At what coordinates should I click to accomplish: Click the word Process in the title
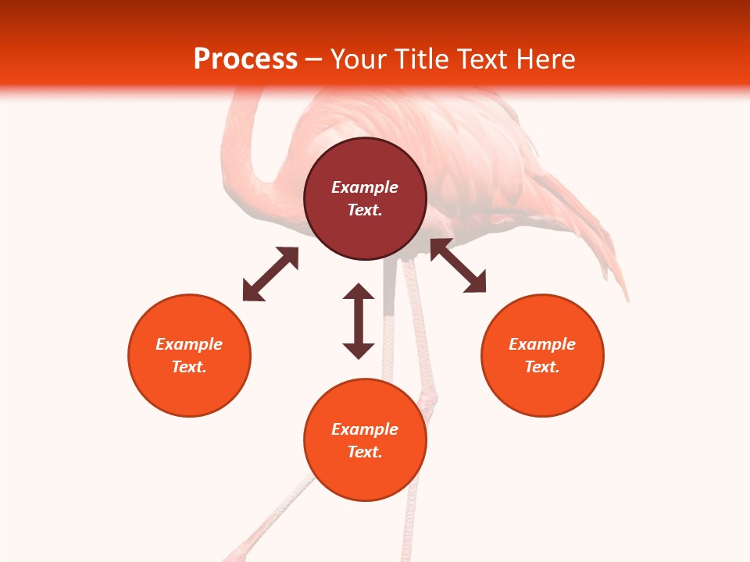coord(245,59)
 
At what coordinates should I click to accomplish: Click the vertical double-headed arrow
coord(359,321)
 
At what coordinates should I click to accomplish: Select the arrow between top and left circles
coord(270,274)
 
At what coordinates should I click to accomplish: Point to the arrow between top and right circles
coord(458,266)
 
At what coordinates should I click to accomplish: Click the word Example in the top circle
coord(365,187)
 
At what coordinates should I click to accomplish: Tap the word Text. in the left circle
coord(189,367)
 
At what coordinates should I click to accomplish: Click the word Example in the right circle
coord(542,344)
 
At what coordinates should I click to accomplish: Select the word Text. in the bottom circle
coord(365,452)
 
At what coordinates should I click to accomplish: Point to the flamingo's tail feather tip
coord(626,297)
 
